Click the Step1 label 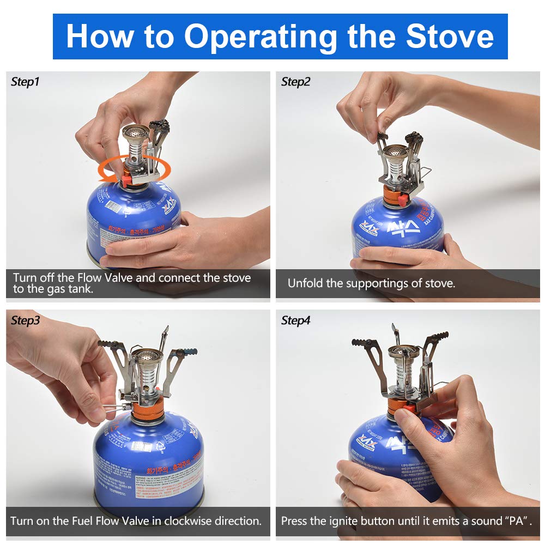25,82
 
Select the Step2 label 295,82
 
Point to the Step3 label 25,320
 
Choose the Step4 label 295,320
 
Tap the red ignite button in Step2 402,200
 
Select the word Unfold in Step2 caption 304,283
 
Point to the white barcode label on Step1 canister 114,207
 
